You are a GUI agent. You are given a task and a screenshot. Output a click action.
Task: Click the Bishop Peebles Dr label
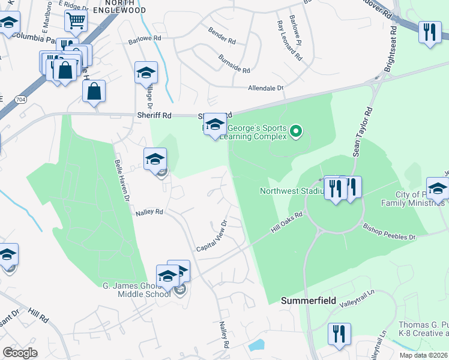pyautogui.click(x=389, y=233)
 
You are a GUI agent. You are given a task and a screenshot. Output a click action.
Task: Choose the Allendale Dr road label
pyautogui.click(x=265, y=88)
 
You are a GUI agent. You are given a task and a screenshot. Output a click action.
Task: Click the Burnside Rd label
pyautogui.click(x=235, y=65)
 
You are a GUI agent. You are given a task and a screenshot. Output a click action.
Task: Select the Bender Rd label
pyautogui.click(x=221, y=35)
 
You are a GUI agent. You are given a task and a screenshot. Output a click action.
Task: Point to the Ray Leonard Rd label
pyautogui.click(x=288, y=41)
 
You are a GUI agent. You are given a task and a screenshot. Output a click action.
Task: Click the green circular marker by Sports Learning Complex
pyautogui.click(x=295, y=130)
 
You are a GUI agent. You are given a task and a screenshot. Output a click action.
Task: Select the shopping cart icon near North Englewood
pyautogui.click(x=76, y=20)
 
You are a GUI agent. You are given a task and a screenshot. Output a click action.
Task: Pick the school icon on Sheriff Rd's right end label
pyautogui.click(x=214, y=126)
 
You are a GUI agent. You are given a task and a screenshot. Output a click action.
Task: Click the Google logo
pyautogui.click(x=20, y=353)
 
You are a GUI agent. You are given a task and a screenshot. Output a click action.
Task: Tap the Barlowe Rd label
pyautogui.click(x=145, y=40)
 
